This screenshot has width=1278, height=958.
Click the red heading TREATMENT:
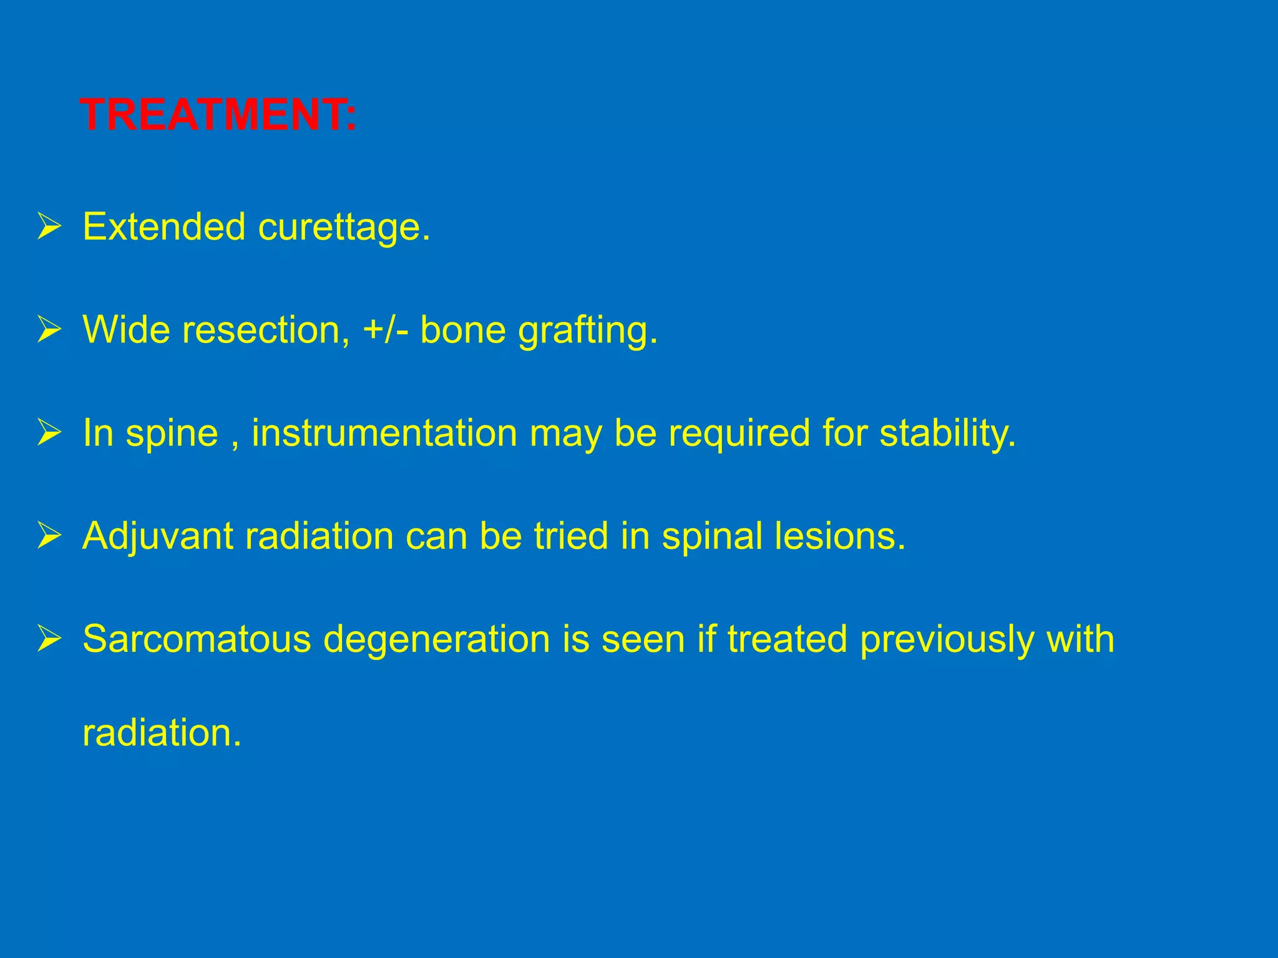218,115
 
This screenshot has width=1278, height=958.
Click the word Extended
164,226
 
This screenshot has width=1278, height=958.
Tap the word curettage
344,228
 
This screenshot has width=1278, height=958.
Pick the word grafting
588,331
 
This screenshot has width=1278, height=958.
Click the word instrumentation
384,433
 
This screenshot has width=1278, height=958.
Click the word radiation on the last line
162,733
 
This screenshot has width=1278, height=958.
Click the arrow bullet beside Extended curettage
49,226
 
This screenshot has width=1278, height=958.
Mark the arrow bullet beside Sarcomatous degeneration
49,639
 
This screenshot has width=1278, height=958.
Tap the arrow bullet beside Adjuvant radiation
49,536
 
